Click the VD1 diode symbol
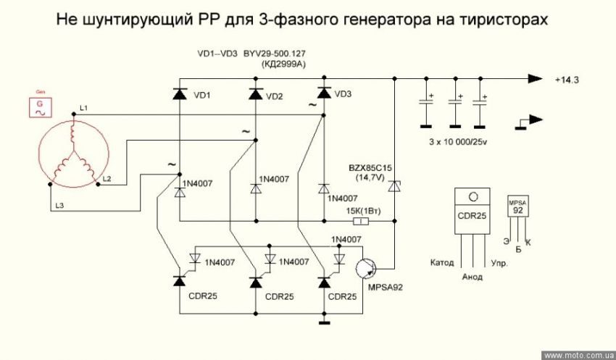(180, 94)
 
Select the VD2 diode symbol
(255, 94)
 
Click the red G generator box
(39, 105)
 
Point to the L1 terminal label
(84, 108)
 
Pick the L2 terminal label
(107, 179)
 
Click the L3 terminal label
(59, 205)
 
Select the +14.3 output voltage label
(567, 80)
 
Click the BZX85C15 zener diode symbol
(394, 186)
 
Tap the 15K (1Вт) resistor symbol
(361, 222)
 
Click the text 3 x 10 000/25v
(458, 142)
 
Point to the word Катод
(442, 262)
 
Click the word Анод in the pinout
(473, 277)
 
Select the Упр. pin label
(499, 263)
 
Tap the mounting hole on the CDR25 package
(473, 196)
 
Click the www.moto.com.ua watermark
(578, 356)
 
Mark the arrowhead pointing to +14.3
(536, 79)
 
